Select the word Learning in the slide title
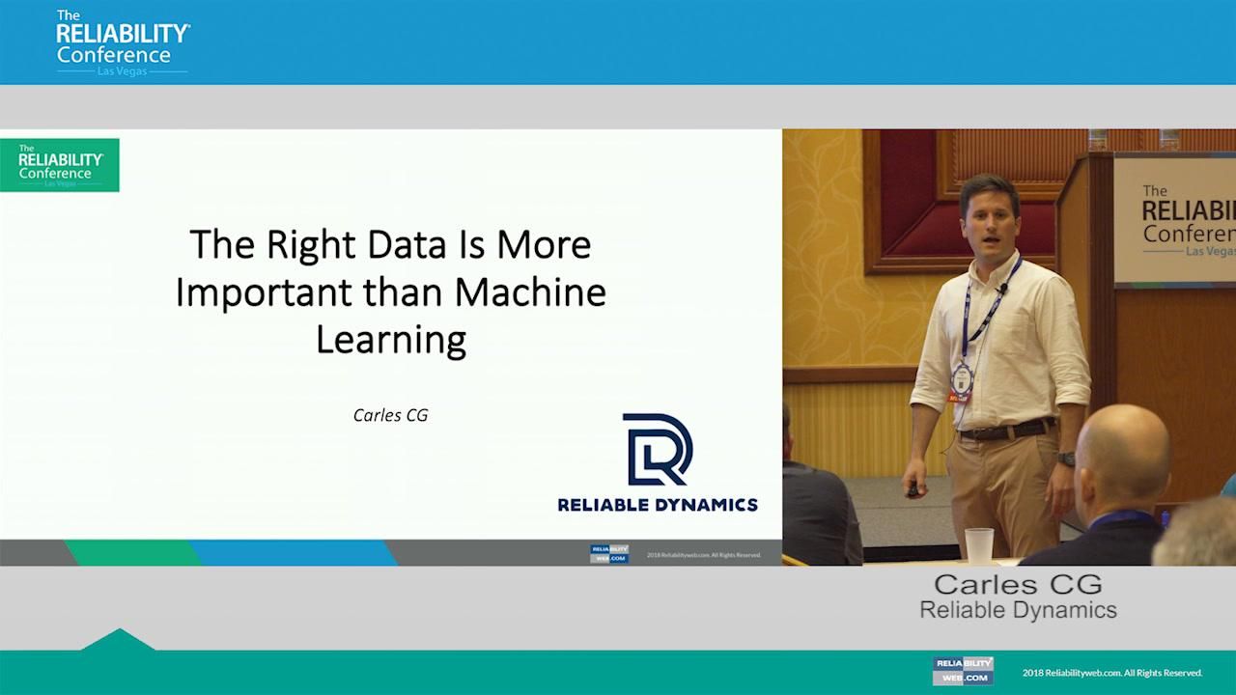coord(391,340)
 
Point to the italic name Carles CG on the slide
coord(390,415)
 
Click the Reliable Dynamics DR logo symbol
coord(657,449)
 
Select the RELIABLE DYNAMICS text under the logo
coord(658,504)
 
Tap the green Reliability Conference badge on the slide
coord(60,165)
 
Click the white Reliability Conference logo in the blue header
coord(122,42)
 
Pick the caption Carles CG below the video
coord(1018,584)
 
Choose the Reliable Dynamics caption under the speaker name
coord(1018,610)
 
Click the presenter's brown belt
coord(1004,430)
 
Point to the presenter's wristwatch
coord(1065,459)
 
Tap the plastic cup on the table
coord(978,544)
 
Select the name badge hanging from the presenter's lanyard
coord(961,375)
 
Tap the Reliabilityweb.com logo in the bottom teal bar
coord(963,671)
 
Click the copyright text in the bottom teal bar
coord(1111,673)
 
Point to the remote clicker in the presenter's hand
coord(913,490)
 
